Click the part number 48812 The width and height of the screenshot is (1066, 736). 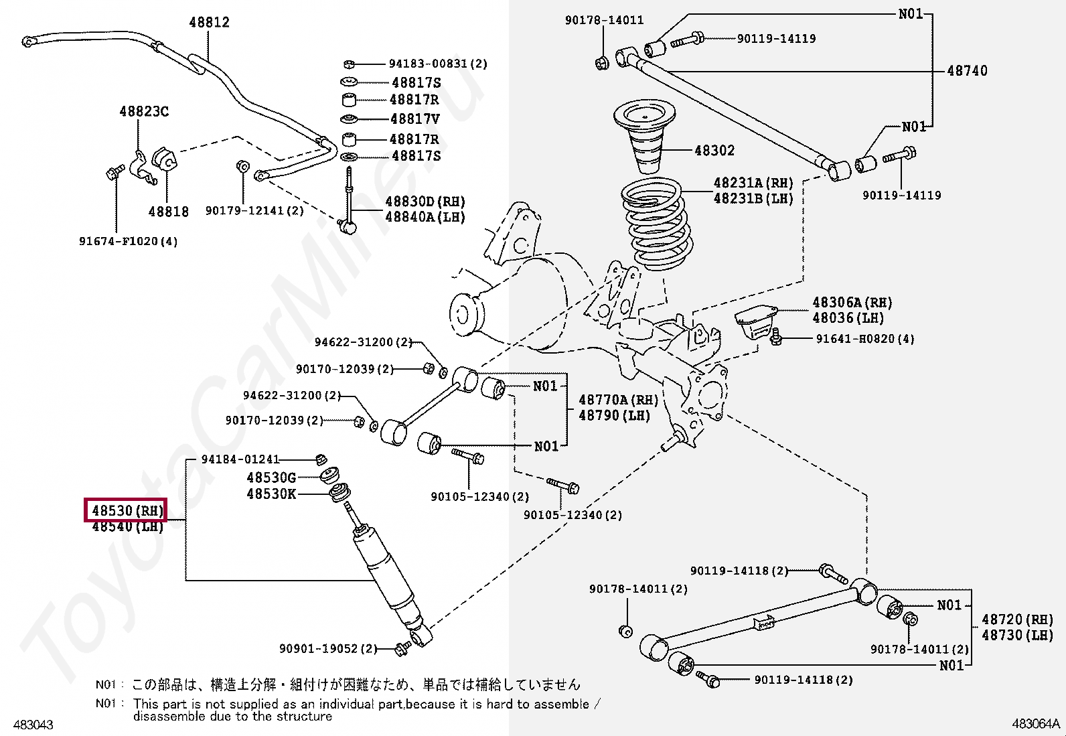click(209, 22)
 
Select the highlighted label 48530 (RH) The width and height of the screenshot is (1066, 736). click(125, 510)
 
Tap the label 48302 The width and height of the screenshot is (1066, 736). click(714, 151)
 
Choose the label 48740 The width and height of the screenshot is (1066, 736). click(967, 70)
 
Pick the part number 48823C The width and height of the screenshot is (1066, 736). click(144, 111)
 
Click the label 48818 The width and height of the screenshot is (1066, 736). click(168, 212)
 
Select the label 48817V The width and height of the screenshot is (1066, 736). click(414, 119)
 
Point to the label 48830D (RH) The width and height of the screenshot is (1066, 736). click(425, 202)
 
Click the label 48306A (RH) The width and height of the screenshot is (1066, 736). click(852, 303)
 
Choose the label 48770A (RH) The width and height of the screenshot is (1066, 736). click(618, 400)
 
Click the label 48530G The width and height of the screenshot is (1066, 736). click(271, 477)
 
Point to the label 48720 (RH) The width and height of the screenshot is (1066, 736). click(1017, 619)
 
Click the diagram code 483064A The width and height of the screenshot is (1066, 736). click(1036, 724)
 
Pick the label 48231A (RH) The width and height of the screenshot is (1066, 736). click(753, 183)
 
